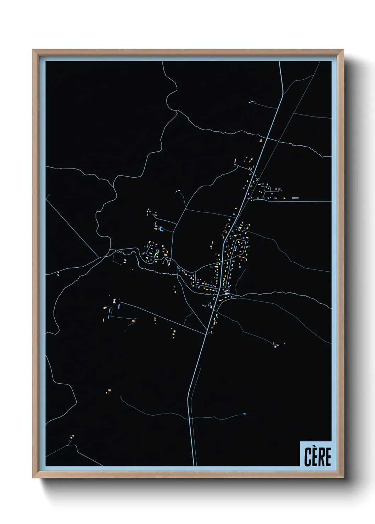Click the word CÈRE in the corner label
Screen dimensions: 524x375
(317, 457)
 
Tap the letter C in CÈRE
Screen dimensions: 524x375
(308, 457)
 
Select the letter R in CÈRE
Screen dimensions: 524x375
(321, 457)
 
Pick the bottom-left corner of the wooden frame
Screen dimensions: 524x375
(33, 478)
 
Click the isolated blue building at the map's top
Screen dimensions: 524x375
(252, 102)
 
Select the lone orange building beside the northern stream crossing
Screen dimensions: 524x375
(261, 141)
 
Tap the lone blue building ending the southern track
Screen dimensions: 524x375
(244, 414)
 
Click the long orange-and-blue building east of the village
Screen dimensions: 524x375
(295, 198)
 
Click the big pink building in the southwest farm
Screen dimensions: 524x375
(114, 301)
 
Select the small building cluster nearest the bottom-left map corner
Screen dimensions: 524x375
(72, 437)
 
